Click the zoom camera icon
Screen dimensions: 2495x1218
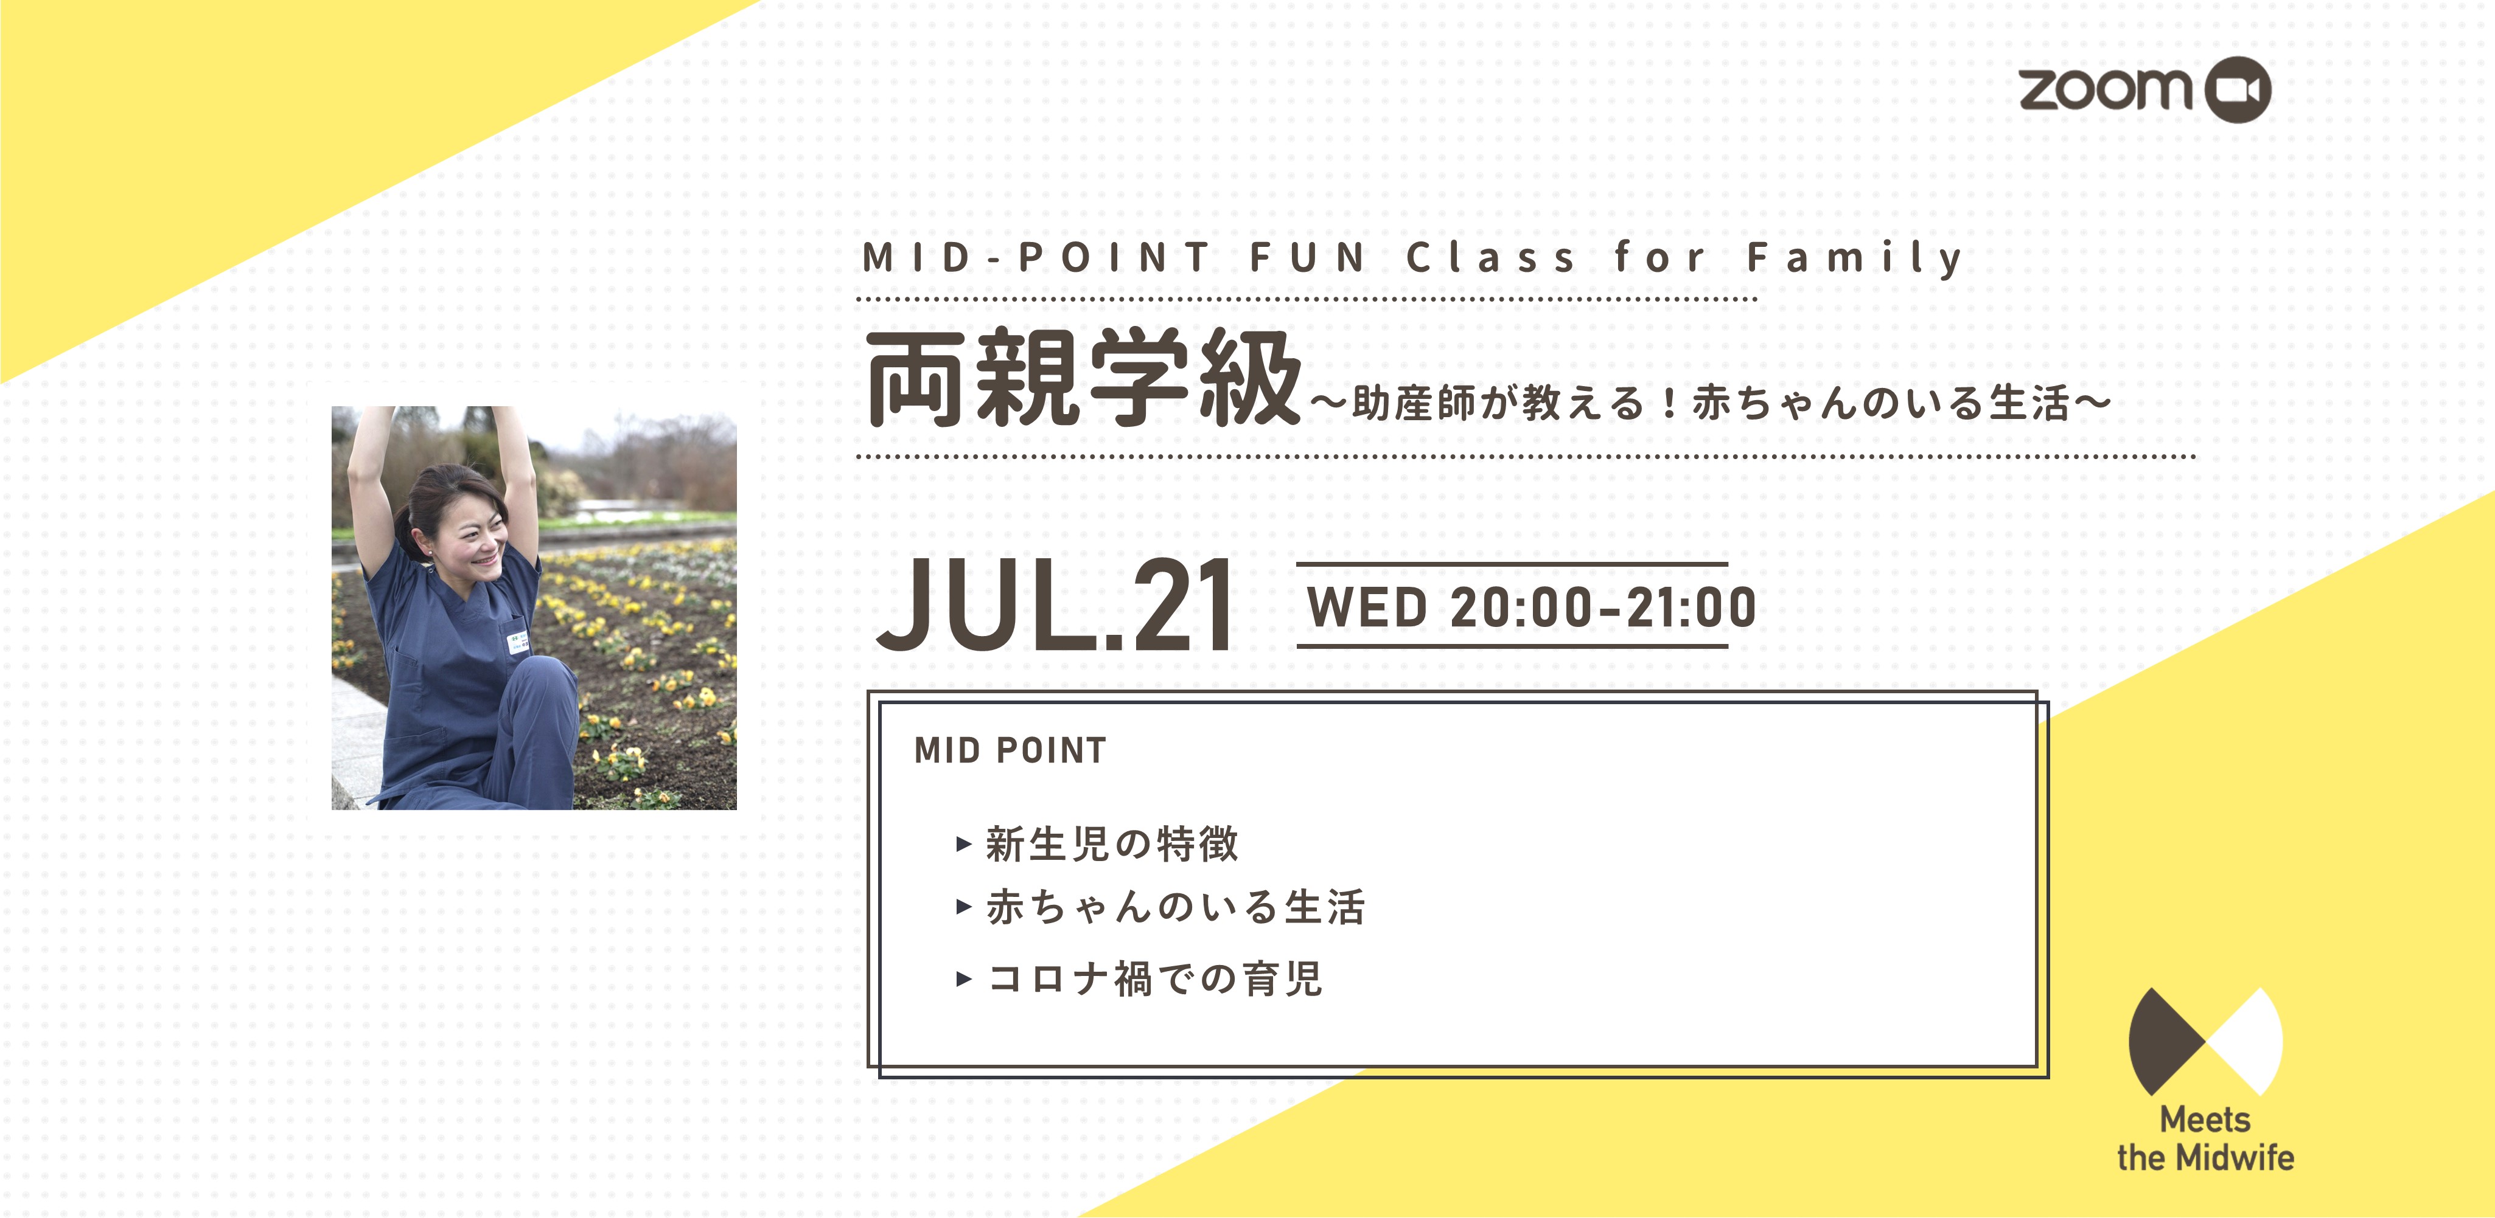(x=2238, y=90)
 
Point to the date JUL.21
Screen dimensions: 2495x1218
(x=1055, y=605)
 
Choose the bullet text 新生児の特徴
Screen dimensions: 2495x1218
(x=1112, y=843)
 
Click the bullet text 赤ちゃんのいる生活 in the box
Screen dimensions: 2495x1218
(x=1175, y=907)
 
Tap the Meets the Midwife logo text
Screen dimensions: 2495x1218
(x=2205, y=1138)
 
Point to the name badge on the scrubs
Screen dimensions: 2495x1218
(x=518, y=644)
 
